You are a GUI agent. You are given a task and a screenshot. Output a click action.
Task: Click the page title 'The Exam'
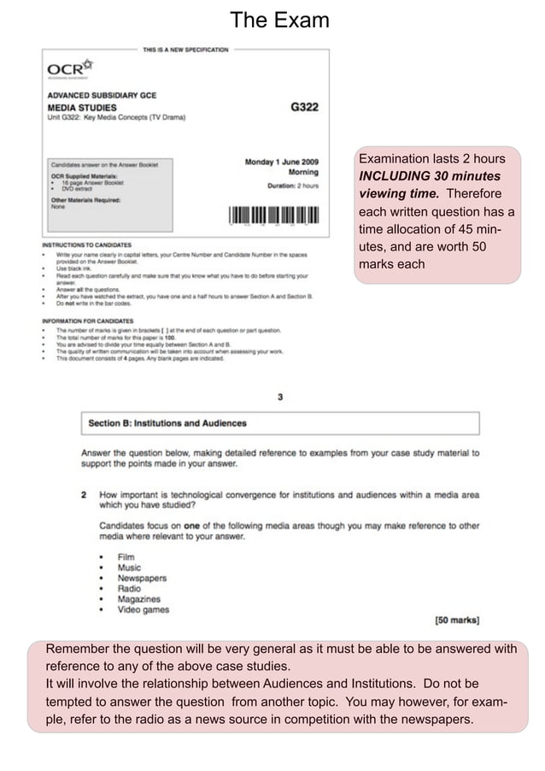pos(279,21)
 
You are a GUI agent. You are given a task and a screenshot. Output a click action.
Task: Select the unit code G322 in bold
pos(304,107)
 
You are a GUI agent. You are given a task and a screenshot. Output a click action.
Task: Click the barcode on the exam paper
pos(273,215)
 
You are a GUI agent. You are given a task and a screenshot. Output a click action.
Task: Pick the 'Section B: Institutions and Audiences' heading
pos(167,423)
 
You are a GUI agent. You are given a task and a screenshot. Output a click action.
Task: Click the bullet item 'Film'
pos(126,557)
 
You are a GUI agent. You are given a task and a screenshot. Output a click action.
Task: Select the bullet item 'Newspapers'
pos(142,578)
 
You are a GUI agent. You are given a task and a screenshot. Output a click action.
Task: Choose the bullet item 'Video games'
pos(144,609)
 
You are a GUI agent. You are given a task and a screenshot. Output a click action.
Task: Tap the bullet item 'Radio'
pos(130,588)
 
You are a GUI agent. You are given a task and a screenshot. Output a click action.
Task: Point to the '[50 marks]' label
pos(456,620)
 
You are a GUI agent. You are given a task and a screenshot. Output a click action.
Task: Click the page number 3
pos(280,397)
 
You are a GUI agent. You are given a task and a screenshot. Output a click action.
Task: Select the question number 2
pos(85,495)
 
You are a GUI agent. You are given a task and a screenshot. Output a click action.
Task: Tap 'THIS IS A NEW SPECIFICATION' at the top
pos(185,50)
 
